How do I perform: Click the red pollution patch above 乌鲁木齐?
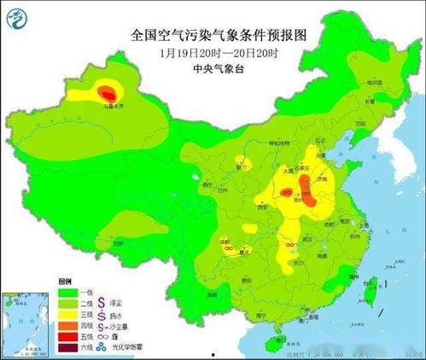[x=107, y=90]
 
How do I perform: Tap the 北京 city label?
[x=320, y=141]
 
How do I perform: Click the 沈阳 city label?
[x=361, y=124]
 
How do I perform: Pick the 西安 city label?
[x=263, y=206]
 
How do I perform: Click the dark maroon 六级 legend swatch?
[x=67, y=347]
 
